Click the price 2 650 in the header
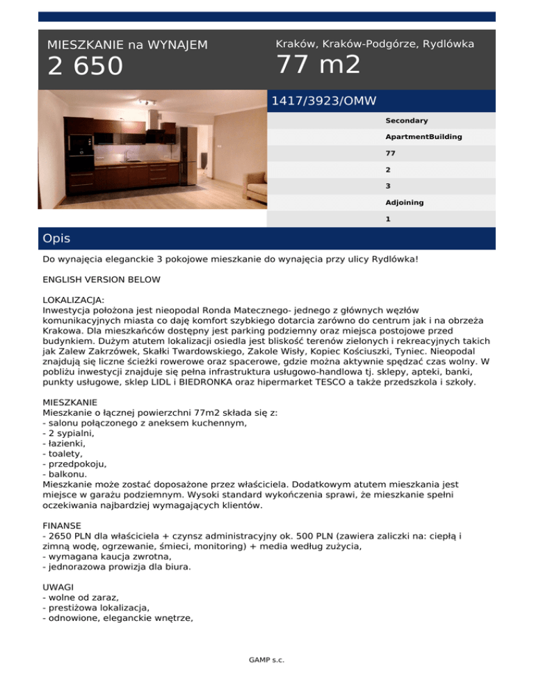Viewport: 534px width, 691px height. pyautogui.click(x=85, y=67)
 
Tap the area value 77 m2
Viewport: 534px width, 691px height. pyautogui.click(x=318, y=65)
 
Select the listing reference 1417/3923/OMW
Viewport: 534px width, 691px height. pyautogui.click(x=323, y=101)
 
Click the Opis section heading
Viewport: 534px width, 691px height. pyautogui.click(x=56, y=238)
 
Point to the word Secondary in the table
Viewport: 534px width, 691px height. pyautogui.click(x=407, y=120)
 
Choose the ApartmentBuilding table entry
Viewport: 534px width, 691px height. pyautogui.click(x=423, y=137)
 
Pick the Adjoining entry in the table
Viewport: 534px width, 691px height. pyautogui.click(x=405, y=202)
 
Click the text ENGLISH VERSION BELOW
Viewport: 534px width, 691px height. pyautogui.click(x=102, y=279)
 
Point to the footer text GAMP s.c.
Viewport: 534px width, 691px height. pyautogui.click(x=267, y=660)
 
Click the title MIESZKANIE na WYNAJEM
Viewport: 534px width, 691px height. pyautogui.click(x=127, y=45)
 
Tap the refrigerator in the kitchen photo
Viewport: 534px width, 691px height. pyautogui.click(x=187, y=156)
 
